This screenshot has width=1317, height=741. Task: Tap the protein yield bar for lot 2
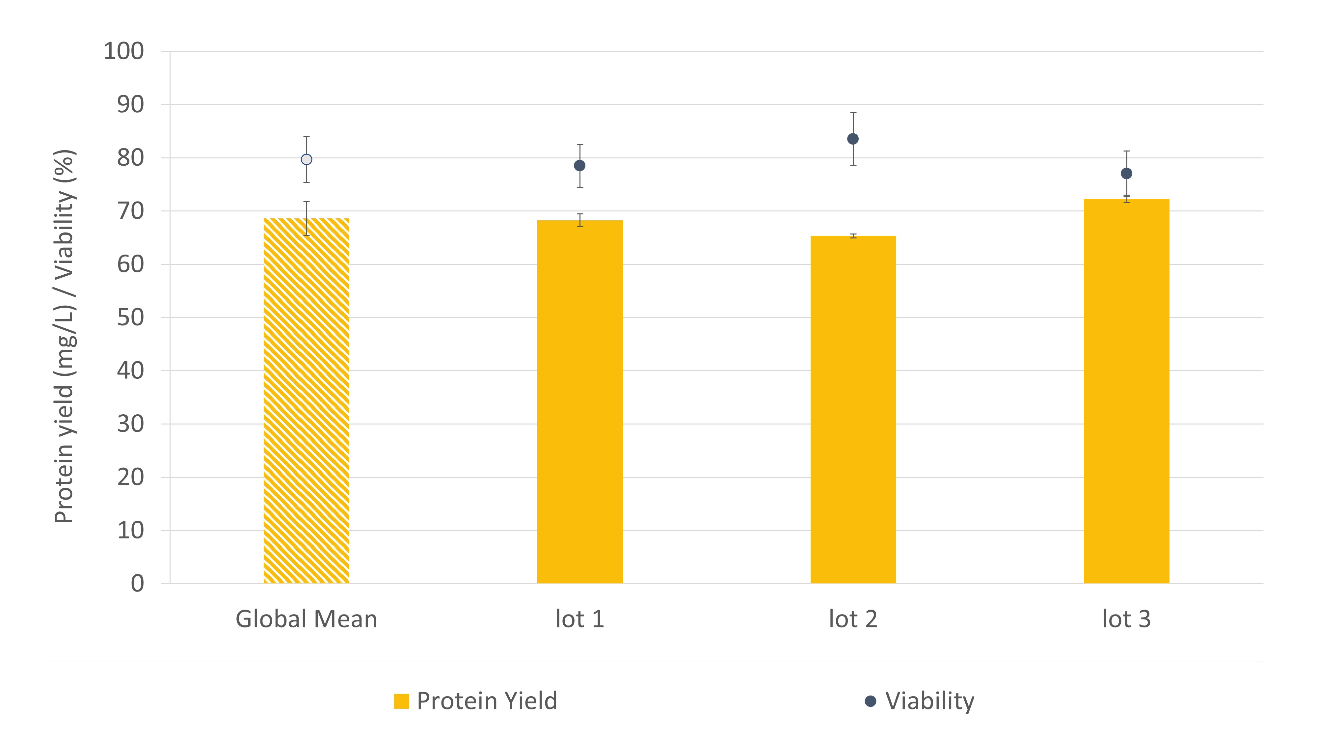853,409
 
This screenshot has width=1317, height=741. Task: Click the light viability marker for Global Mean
306,159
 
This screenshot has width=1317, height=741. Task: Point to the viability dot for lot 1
580,166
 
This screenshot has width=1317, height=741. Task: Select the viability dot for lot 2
853,139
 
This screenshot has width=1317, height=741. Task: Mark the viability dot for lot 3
1126,174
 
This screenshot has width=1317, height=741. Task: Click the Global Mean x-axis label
306,619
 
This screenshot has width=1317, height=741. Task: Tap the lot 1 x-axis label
580,619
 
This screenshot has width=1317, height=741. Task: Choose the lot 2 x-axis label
853,619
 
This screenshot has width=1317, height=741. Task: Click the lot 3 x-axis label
1126,619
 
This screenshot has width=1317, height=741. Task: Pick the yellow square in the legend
401,701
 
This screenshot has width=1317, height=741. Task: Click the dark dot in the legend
871,701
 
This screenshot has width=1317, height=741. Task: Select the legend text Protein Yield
487,701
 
